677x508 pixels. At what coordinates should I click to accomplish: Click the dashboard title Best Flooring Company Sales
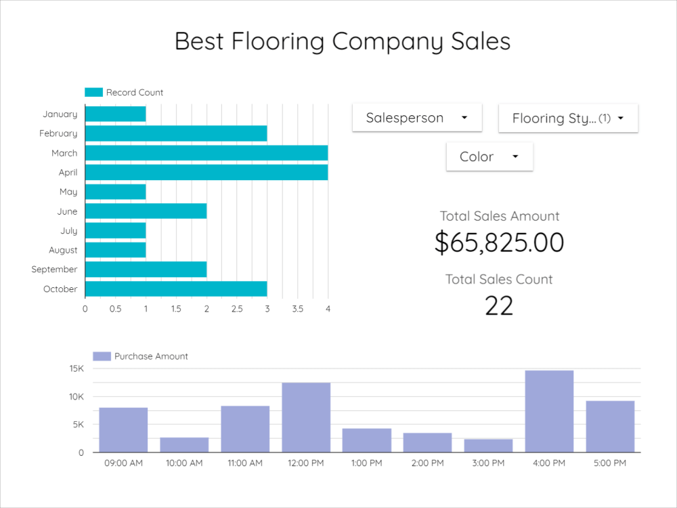click(x=343, y=41)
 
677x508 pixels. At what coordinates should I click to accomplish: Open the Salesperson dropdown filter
click(x=416, y=118)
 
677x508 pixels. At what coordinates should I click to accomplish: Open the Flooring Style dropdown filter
click(x=567, y=119)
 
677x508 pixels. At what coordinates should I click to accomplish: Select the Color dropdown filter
click(x=489, y=156)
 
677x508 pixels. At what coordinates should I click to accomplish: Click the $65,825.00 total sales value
click(x=499, y=242)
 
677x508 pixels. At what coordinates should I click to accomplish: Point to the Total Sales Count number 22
click(x=499, y=306)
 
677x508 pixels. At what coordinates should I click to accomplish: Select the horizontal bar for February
click(x=175, y=133)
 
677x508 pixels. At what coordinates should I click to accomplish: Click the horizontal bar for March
click(x=206, y=153)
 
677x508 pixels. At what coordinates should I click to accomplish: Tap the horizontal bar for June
click(x=146, y=211)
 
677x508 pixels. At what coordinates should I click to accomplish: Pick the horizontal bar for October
click(x=175, y=289)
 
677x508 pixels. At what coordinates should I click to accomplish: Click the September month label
click(x=54, y=270)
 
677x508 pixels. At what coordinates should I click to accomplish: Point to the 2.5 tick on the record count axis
click(x=236, y=309)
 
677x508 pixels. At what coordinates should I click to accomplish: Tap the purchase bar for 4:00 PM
click(x=549, y=411)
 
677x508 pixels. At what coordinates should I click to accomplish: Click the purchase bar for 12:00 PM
click(x=306, y=417)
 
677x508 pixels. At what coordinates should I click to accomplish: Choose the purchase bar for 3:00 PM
click(x=488, y=445)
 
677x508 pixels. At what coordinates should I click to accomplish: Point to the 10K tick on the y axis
click(x=76, y=397)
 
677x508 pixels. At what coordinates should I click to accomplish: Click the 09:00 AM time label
click(x=123, y=463)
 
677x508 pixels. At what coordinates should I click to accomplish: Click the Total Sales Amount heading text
click(x=500, y=216)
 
